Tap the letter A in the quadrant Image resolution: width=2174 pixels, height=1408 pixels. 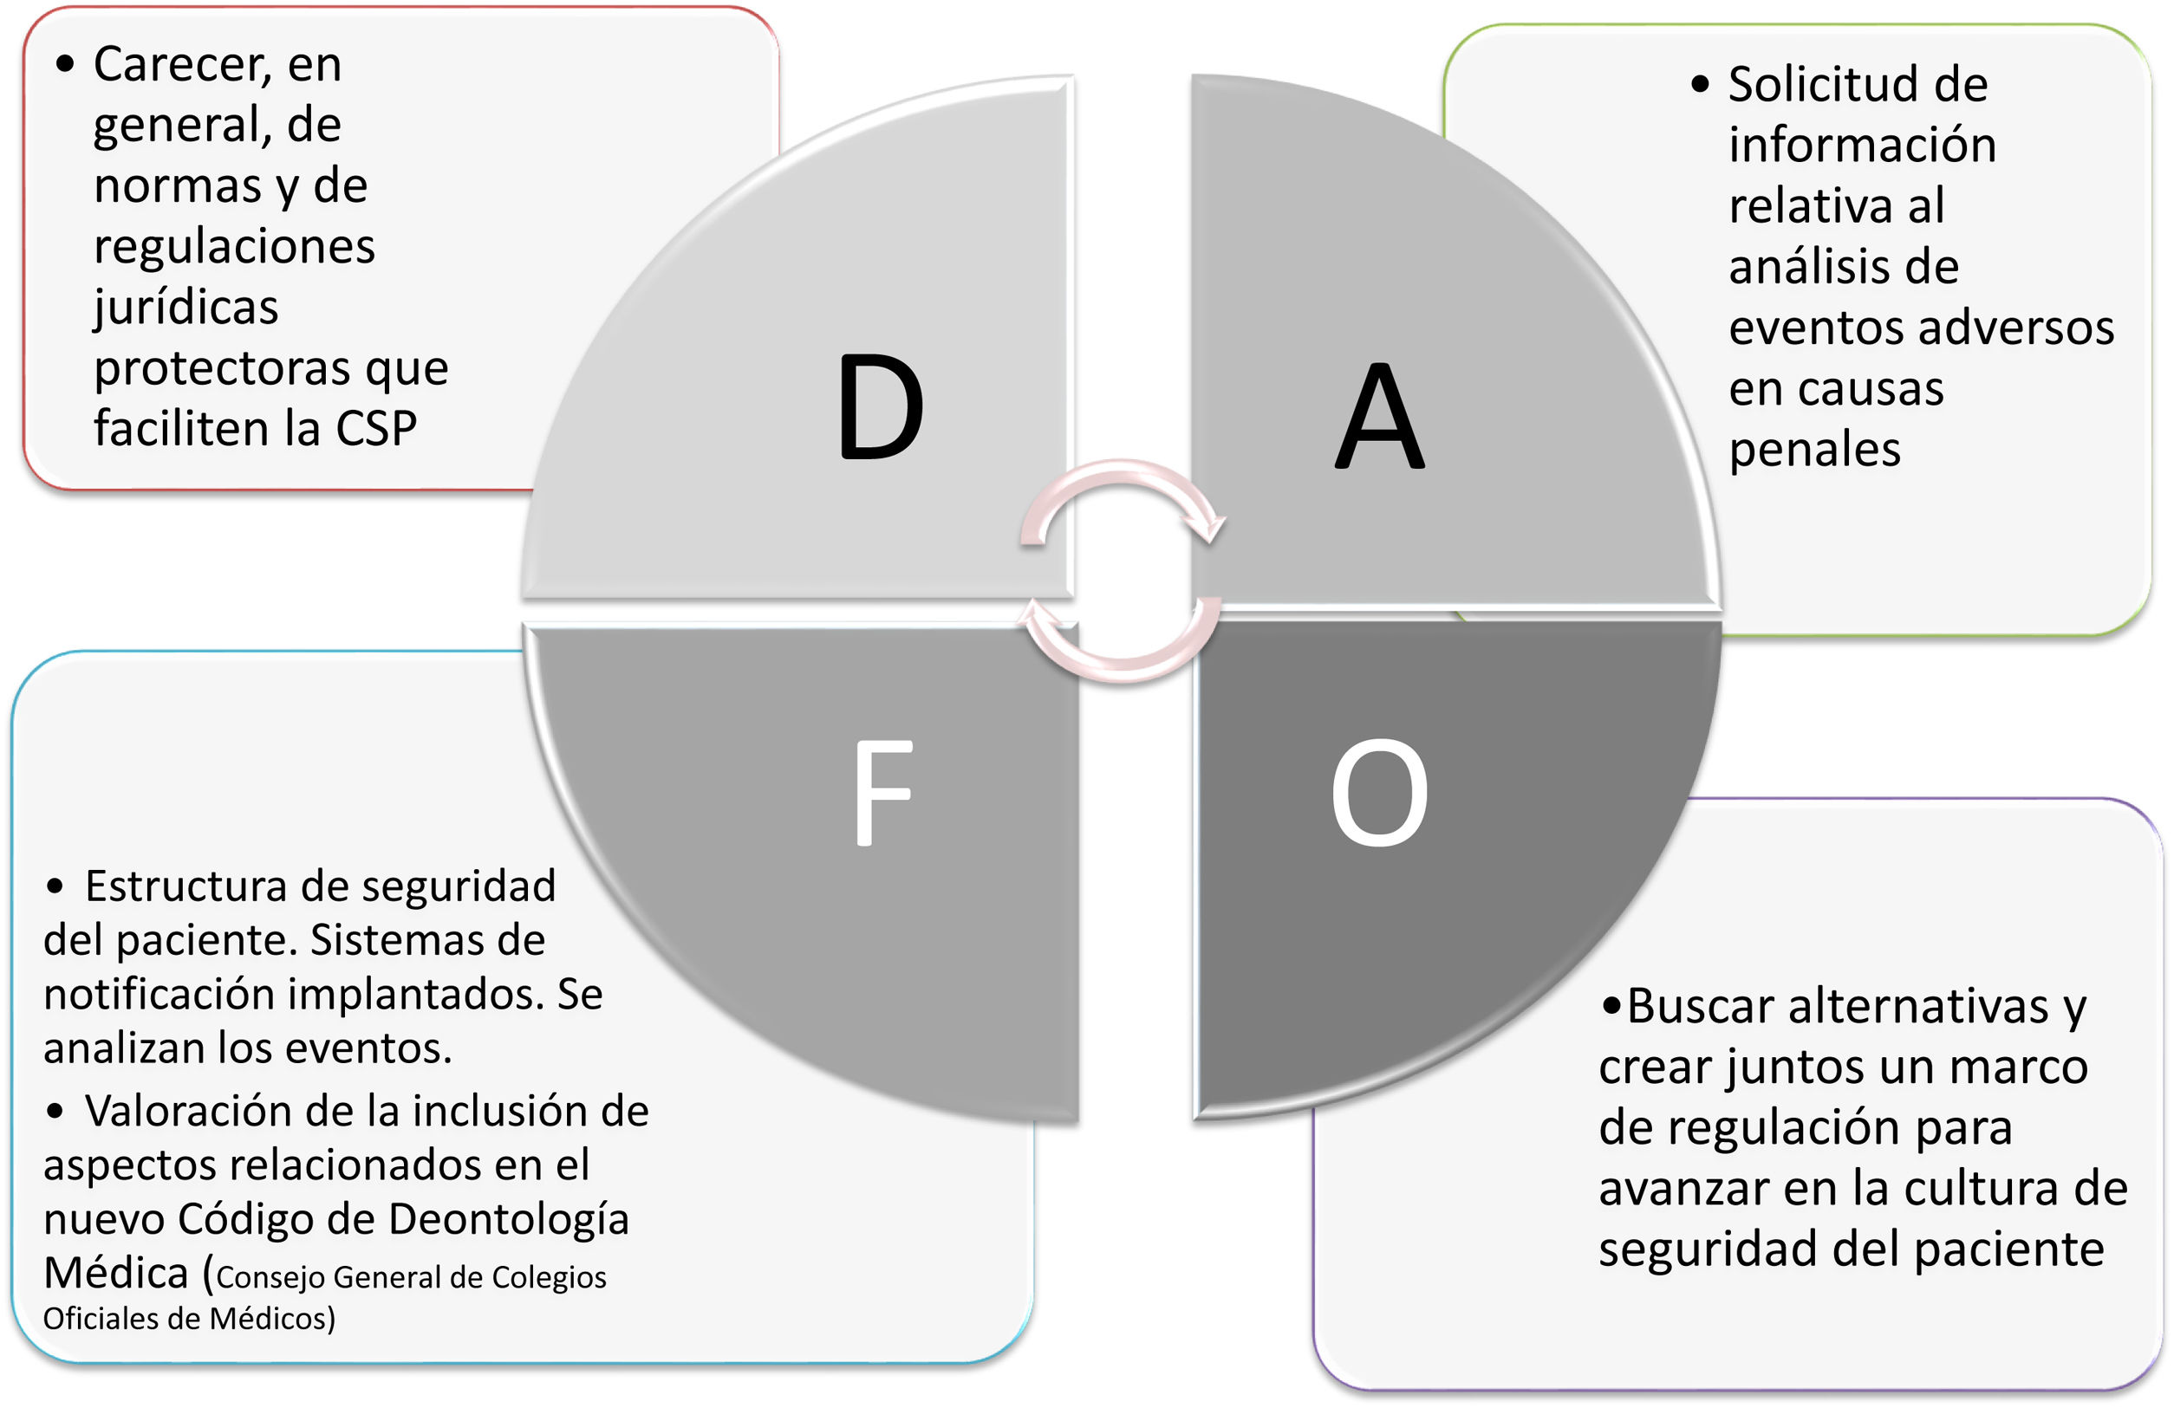1379,415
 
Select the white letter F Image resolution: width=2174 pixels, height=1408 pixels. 882,793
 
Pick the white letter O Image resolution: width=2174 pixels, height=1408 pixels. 1379,793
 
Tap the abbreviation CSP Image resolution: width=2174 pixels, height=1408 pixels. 375,428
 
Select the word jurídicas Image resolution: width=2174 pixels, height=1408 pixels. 186,308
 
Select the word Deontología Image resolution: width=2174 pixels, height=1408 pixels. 509,1219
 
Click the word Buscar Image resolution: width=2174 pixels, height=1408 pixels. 1700,1006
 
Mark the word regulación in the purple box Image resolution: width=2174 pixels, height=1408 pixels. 1800,1127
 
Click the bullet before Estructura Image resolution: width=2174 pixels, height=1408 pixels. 55,886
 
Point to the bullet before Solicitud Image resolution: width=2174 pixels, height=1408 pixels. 1699,85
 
